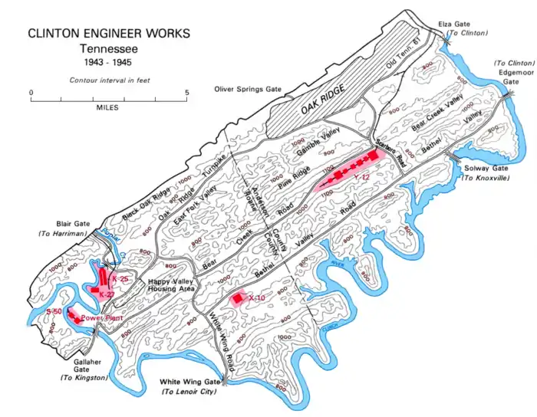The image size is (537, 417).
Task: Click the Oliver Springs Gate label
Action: [248, 90]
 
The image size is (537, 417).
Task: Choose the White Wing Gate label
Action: [189, 381]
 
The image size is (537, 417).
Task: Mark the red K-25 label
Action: [120, 279]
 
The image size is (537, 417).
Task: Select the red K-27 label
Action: [107, 294]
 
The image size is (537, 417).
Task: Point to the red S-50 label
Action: [54, 311]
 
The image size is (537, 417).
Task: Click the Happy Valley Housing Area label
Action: [173, 286]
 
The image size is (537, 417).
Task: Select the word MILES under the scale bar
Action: [108, 108]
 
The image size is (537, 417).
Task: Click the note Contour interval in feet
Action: [108, 80]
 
